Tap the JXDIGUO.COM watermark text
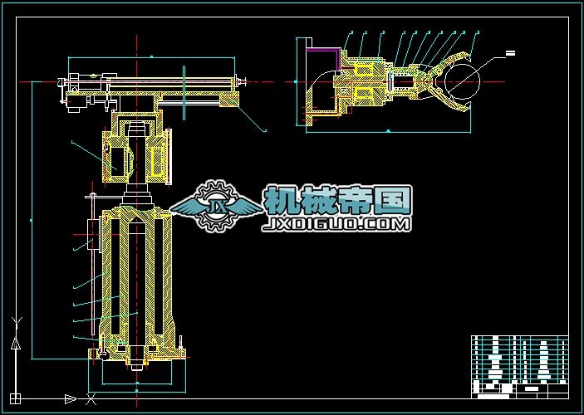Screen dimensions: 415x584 click(336, 224)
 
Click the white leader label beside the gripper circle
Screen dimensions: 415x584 click(510, 53)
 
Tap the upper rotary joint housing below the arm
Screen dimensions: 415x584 click(137, 154)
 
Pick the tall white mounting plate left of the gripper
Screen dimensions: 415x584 click(303, 81)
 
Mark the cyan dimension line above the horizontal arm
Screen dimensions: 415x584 click(154, 57)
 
